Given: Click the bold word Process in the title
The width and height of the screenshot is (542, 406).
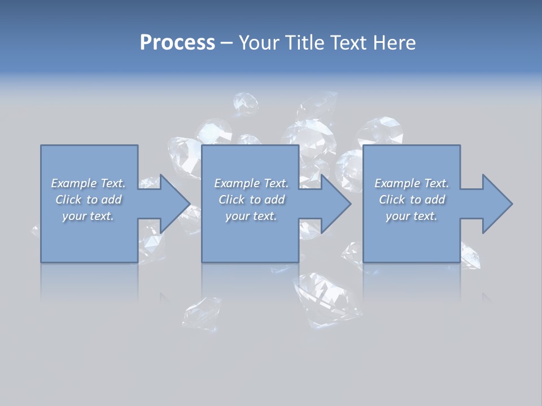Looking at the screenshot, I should point(177,43).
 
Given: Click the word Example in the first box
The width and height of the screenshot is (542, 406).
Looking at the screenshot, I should point(73,183).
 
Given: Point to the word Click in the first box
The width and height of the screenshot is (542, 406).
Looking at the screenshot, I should point(68,200).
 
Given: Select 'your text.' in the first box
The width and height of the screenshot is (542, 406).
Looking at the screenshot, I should point(88,216).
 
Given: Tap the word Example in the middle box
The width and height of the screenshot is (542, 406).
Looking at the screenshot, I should point(237,183).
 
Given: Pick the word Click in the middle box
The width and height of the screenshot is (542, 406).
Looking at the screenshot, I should point(231,200).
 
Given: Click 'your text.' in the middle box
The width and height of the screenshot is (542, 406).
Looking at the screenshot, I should point(251,216).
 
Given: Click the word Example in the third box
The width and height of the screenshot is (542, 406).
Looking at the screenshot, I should point(397,183).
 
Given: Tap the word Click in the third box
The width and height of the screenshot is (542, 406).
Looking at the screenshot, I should point(392,200).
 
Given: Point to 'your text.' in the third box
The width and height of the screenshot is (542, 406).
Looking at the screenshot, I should point(412,216).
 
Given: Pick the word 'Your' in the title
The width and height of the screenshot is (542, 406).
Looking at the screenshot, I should point(259,43).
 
